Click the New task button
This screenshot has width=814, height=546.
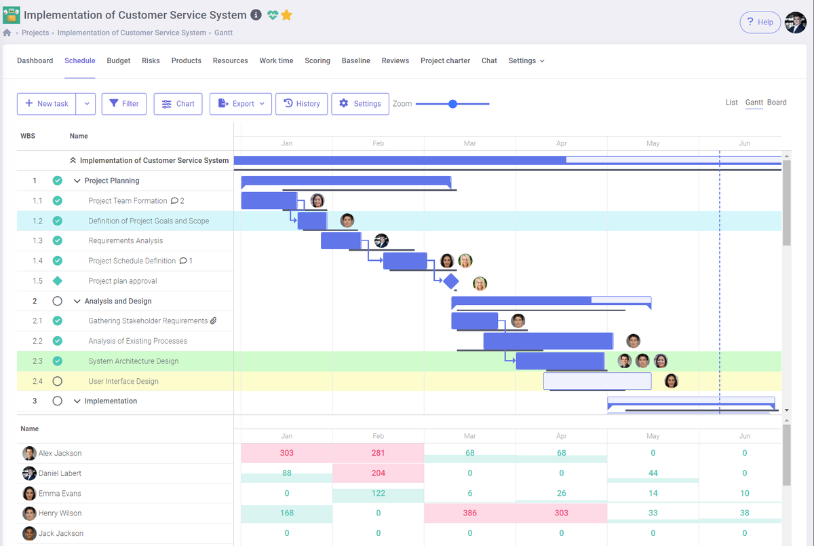click(47, 104)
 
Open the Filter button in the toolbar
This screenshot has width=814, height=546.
click(124, 104)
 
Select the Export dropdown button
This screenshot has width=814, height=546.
click(241, 104)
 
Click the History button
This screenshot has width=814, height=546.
click(302, 104)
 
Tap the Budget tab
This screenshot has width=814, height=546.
click(119, 60)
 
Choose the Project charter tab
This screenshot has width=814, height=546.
click(445, 60)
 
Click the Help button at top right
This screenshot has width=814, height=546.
click(759, 22)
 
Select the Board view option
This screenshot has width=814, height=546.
click(777, 103)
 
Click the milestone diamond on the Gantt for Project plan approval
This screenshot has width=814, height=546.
click(450, 281)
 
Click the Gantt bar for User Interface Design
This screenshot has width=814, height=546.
click(597, 381)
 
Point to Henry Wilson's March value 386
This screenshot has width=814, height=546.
click(470, 513)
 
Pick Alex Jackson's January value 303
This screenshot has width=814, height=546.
click(286, 453)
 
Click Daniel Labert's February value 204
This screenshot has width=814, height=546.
click(378, 473)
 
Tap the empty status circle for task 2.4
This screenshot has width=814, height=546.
click(58, 381)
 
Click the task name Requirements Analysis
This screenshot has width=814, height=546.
click(125, 241)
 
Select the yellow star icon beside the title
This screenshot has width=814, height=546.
click(287, 15)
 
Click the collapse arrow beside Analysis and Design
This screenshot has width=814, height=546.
click(77, 302)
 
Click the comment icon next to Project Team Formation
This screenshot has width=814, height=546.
click(174, 201)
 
